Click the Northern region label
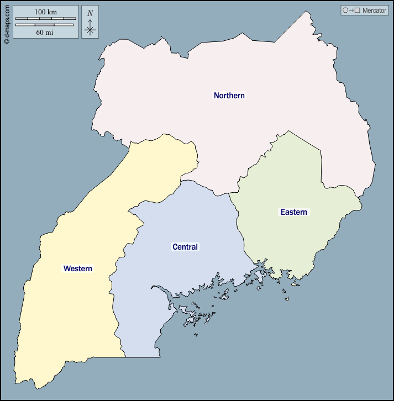(229, 96)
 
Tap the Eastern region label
(293, 212)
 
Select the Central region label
(185, 247)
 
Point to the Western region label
(78, 268)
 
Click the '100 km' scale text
(45, 12)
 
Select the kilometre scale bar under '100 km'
(45, 19)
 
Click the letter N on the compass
(90, 13)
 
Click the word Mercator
(374, 10)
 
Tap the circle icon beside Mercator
(345, 10)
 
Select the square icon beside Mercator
(358, 10)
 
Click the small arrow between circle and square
(351, 10)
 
